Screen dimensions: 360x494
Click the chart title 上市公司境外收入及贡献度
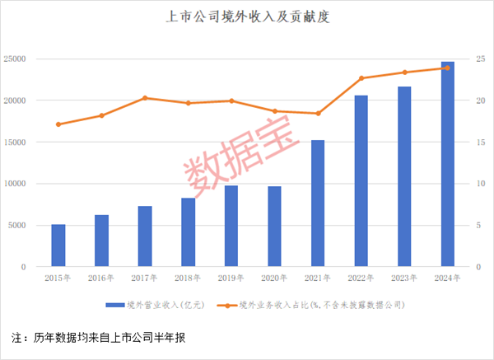[247, 16]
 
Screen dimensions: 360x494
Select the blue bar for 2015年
[58, 245]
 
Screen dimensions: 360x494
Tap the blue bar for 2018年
[189, 232]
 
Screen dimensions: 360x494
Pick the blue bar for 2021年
[318, 203]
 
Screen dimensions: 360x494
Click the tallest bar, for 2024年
[448, 164]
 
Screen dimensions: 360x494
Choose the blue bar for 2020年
[275, 227]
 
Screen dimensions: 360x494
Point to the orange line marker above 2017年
[145, 98]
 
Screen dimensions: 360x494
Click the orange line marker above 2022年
[361, 78]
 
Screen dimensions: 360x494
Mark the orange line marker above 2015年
[58, 124]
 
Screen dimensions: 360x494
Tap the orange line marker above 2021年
[318, 113]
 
